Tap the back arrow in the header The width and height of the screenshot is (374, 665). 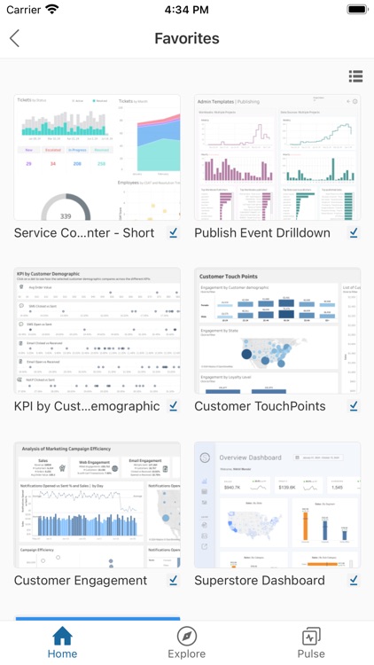14,38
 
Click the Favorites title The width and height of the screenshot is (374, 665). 187,38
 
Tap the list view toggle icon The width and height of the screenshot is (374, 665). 355,76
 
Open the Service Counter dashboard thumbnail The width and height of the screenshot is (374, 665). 97,157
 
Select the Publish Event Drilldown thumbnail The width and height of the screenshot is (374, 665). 277,157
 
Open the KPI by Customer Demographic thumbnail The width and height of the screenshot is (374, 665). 97,331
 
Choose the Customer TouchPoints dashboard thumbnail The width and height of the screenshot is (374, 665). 277,331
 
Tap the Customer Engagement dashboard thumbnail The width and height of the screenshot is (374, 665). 97,505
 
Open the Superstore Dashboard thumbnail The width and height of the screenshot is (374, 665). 277,505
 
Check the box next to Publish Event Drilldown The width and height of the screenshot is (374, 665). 354,233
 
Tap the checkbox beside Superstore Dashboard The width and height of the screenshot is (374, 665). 354,581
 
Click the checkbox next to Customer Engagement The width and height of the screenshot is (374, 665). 174,581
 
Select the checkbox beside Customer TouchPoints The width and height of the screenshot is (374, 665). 354,407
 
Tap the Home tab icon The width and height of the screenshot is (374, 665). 62,636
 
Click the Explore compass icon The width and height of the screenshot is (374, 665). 187,636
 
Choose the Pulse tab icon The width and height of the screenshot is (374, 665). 311,636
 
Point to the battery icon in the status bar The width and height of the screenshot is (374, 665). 356,9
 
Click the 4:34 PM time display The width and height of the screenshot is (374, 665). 186,9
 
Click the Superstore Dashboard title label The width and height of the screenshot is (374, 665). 260,581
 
